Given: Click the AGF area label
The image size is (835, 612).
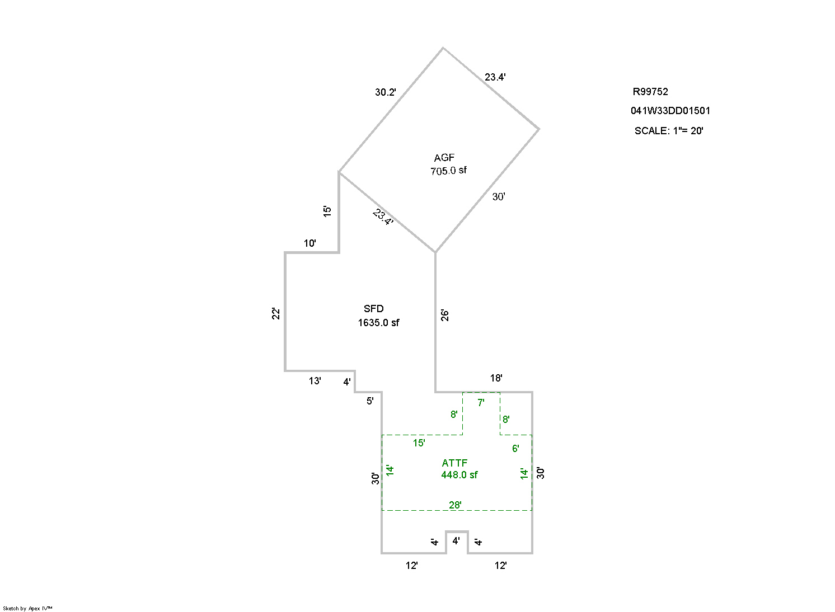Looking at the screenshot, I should tap(444, 158).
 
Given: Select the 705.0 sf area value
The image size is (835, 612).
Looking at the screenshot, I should tap(448, 171).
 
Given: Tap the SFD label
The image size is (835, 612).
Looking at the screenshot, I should tap(374, 309).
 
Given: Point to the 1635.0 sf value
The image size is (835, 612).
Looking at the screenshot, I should tap(379, 323).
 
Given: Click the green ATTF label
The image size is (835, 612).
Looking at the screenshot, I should tap(454, 463).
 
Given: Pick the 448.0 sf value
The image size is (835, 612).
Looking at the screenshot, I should tap(459, 475).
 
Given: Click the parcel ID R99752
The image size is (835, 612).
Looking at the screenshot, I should tap(650, 92).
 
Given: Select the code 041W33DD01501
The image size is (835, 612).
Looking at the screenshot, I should tap(670, 111).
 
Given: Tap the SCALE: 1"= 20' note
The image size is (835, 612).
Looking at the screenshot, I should tap(669, 131).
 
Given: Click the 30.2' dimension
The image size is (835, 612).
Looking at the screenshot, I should tap(386, 92).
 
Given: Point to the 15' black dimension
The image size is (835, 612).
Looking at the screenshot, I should tap(327, 211).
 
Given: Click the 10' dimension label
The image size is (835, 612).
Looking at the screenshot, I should tap(310, 243).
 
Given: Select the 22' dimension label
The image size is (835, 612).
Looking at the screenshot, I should tap(276, 314).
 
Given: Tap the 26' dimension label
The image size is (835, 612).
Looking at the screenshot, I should tap(445, 315).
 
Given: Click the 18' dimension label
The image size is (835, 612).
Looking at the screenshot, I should tap(496, 378).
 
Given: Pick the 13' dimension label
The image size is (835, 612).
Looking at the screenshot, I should tap(315, 381).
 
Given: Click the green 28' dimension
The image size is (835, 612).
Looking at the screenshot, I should tap(456, 505).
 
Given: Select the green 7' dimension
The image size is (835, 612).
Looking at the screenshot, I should tap(481, 403).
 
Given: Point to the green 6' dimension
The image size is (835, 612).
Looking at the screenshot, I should tap(515, 449).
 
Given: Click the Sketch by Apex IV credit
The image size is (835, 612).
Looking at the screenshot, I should tap(27, 608).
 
